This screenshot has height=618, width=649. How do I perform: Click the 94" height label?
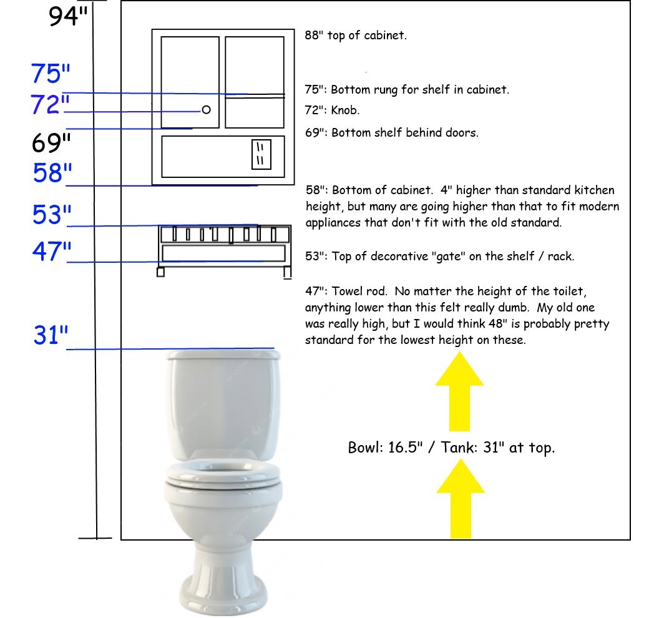pos(68,17)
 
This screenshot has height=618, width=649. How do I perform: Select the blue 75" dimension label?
pos(51,74)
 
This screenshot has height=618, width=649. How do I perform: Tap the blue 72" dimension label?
pos(50,104)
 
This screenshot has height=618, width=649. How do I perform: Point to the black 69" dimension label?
pos(51,143)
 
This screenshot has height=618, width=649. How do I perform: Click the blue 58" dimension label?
pos(52,173)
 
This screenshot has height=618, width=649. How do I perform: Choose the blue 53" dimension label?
pos(52,214)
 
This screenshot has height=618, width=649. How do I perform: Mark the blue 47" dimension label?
pos(52,251)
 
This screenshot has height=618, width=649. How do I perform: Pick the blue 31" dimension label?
pos(51,335)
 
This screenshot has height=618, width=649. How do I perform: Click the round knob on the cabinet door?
pos(206,110)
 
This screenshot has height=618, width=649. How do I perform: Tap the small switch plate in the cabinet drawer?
pos(261,154)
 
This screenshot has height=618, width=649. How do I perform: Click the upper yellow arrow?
pos(459,391)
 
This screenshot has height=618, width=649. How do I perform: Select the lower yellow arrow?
pos(461,499)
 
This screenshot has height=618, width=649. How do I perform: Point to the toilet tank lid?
pos(223,355)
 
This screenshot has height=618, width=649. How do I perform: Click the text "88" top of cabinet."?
pos(356,36)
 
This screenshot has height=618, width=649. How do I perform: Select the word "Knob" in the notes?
pos(344,110)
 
